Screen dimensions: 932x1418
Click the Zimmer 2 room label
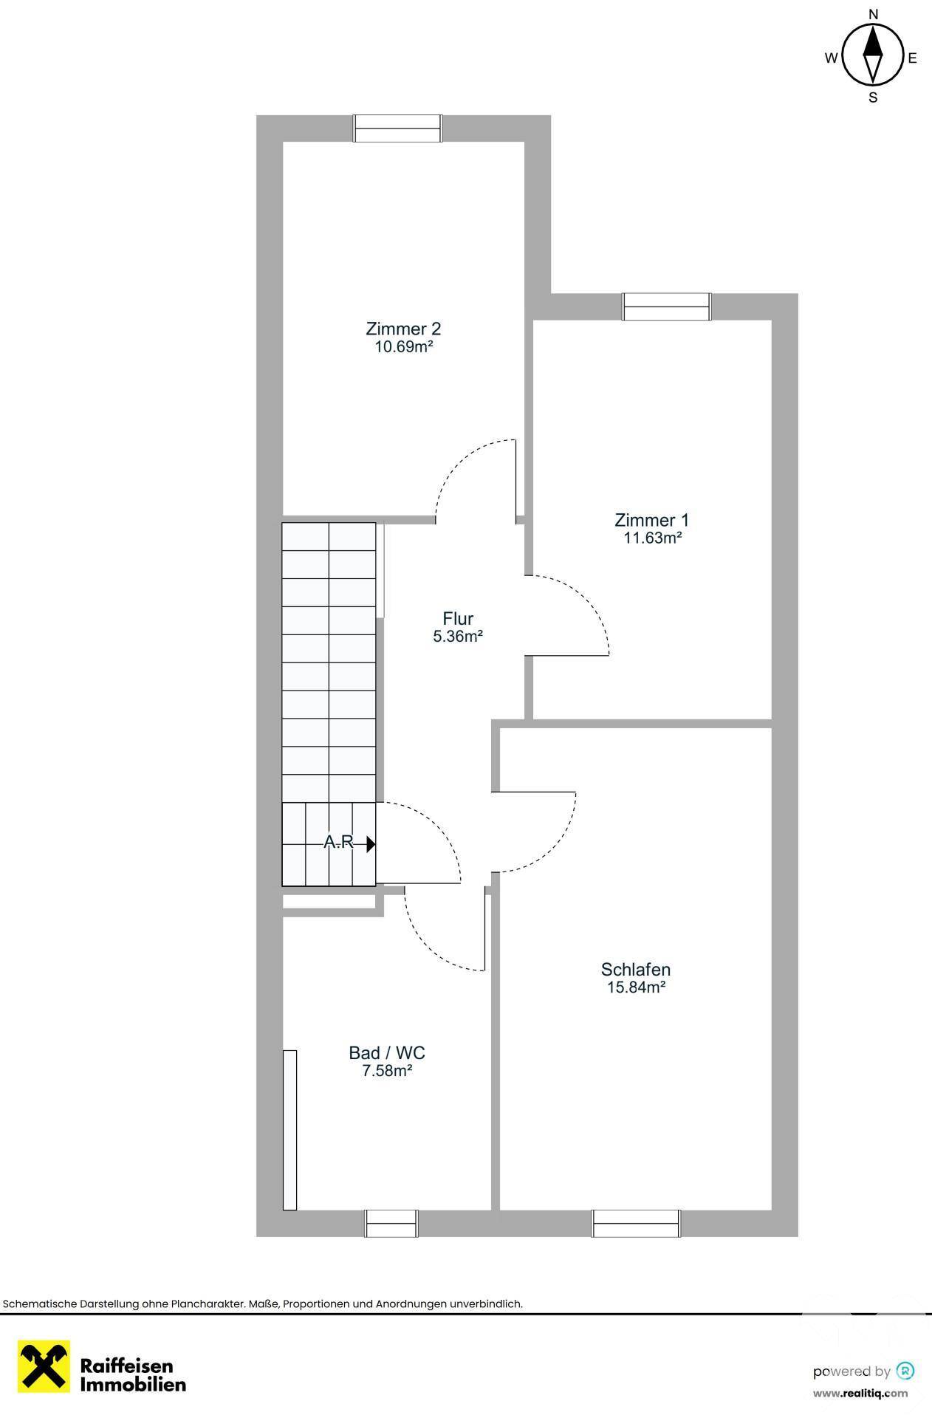coord(403,329)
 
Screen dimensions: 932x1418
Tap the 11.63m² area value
coord(652,538)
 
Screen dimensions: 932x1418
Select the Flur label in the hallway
coord(458,618)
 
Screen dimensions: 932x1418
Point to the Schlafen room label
coord(636,970)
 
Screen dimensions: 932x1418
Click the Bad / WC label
coord(387,1052)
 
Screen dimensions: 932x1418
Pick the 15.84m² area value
coord(636,988)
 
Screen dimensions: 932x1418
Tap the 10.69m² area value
coord(403,347)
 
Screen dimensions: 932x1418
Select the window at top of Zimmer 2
coord(397,129)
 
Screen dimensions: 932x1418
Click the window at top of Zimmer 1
coord(667,306)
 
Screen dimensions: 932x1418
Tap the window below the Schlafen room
coord(636,1224)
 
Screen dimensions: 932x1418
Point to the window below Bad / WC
coord(391,1224)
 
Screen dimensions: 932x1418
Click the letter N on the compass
coord(873,14)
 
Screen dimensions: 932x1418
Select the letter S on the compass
coord(873,97)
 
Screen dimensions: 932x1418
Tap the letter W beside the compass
coord(831,58)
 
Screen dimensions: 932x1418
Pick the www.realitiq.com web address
coord(860,1394)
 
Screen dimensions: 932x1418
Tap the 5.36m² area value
coord(458,637)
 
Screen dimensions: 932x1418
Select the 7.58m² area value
coord(387,1071)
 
